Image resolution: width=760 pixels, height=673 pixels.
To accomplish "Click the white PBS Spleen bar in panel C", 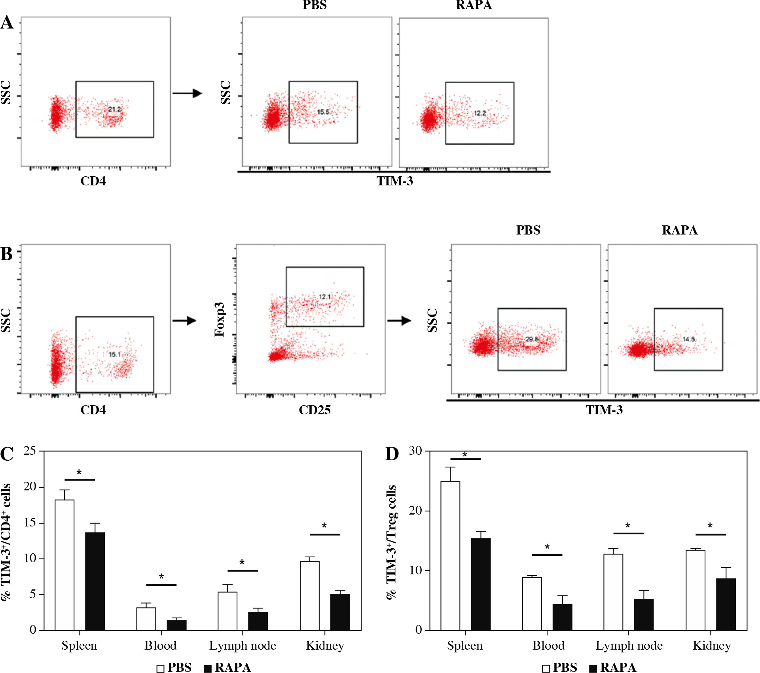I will pyautogui.click(x=64, y=564).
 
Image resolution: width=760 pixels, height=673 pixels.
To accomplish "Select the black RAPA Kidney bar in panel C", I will pyautogui.click(x=340, y=612).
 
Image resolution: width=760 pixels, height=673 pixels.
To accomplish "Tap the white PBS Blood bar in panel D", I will pyautogui.click(x=532, y=604).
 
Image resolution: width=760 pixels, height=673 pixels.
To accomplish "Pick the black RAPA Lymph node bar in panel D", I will pyautogui.click(x=644, y=614).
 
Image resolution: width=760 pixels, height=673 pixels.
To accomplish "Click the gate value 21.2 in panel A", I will pyautogui.click(x=114, y=109).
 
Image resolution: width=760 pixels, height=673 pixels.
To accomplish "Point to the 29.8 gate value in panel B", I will pyautogui.click(x=532, y=339).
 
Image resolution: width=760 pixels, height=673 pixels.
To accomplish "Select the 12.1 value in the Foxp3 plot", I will pyautogui.click(x=325, y=297).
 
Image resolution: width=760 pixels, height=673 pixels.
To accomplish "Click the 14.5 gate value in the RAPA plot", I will pyautogui.click(x=688, y=339).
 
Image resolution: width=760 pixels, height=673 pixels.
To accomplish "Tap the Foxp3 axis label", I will pyautogui.click(x=220, y=320).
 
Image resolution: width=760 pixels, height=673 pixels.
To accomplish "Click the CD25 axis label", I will pyautogui.click(x=315, y=410).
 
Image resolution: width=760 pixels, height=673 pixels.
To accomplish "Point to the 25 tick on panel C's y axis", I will pyautogui.click(x=30, y=451).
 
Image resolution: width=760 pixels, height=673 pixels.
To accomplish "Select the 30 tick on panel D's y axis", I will pyautogui.click(x=415, y=451).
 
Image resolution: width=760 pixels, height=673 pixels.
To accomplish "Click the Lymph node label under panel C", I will pyautogui.click(x=243, y=646).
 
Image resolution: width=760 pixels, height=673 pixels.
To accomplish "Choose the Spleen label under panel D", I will pyautogui.click(x=465, y=646).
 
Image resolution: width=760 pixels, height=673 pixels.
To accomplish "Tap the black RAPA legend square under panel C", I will pyautogui.click(x=208, y=669).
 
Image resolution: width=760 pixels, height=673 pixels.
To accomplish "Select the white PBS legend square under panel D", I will pyautogui.click(x=546, y=669).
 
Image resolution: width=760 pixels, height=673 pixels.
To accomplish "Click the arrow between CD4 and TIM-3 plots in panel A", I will pyautogui.click(x=187, y=93).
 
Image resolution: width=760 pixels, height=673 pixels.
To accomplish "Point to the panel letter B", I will pyautogui.click(x=7, y=254).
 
